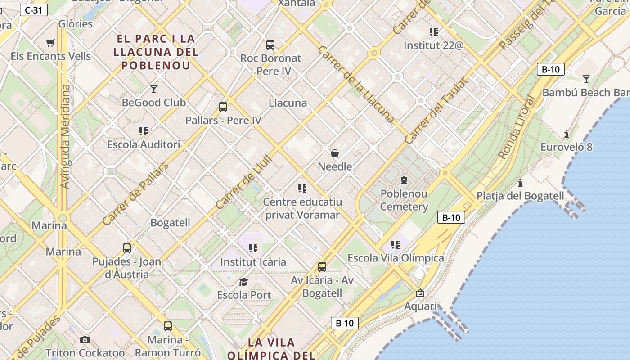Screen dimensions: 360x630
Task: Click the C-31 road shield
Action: pos(34,10)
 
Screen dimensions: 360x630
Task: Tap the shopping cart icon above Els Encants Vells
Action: pos(50,43)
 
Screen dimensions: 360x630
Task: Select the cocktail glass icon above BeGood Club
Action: pos(154,89)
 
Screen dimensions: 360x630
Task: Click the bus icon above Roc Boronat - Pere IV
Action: pos(270,45)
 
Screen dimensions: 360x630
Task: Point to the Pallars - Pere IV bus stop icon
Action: pos(223,107)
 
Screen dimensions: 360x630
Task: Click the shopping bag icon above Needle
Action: pos(335,154)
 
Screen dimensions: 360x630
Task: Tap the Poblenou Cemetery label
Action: pos(404,200)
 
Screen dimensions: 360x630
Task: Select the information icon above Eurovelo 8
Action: pos(566,134)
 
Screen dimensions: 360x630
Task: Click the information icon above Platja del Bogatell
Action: pos(520,183)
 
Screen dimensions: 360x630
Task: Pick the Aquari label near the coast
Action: pos(420,306)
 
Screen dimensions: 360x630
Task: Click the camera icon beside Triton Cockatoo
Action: pos(85,340)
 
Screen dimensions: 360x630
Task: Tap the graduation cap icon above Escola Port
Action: pos(244,282)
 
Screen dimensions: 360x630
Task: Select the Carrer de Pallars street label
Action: pos(135,194)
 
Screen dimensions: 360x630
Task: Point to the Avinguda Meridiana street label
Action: pos(65,136)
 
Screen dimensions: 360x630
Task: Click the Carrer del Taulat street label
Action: pos(436,110)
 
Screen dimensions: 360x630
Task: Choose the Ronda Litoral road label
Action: pos(517,127)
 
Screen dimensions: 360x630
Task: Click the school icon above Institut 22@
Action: pos(434,32)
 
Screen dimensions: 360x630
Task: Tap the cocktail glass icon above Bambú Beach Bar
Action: pos(586,80)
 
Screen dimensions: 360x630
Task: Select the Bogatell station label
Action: pos(170,223)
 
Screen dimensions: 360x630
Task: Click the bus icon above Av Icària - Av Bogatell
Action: pos(322,267)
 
